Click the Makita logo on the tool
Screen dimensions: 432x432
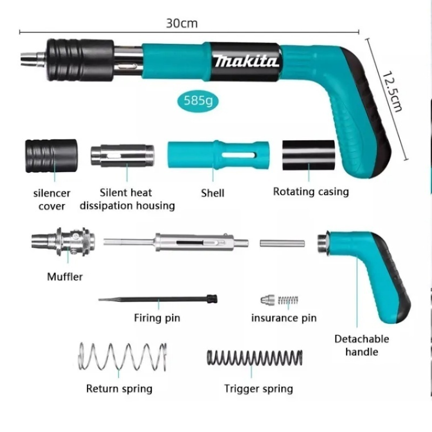coord(246,61)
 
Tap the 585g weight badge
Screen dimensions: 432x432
coord(198,100)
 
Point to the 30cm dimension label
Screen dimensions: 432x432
coord(182,23)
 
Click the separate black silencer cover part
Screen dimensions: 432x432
coord(51,156)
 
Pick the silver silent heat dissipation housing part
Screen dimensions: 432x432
coord(123,156)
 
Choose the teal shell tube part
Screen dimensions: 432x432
coord(218,155)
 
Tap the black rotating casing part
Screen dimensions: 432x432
coord(308,155)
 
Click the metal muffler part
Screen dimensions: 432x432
coord(63,241)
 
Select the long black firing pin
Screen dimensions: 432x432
coord(158,299)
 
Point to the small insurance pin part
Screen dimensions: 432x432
coord(279,300)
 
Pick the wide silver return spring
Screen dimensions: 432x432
coord(123,356)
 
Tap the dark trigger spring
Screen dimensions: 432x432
coord(254,358)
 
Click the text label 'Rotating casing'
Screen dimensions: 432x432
coord(311,192)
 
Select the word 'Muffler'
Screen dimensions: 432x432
coord(65,276)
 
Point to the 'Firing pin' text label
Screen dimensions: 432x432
coord(157,318)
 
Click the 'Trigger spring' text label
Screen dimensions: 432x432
coord(259,389)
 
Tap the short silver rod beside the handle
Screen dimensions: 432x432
coord(282,244)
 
